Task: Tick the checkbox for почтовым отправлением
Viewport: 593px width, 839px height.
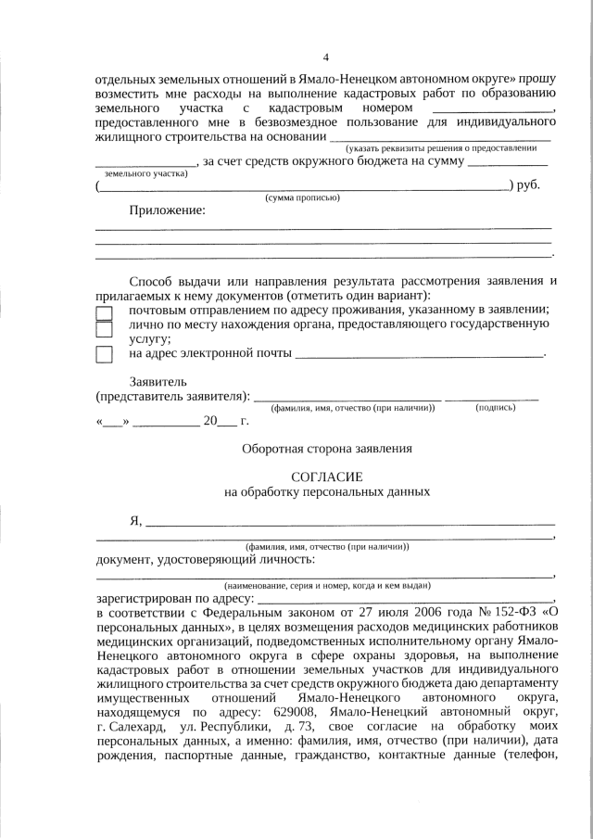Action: coord(105,312)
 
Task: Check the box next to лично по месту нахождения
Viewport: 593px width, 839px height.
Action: coord(105,328)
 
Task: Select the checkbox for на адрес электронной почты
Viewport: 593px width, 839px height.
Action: coord(105,353)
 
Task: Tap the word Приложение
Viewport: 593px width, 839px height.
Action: coord(167,210)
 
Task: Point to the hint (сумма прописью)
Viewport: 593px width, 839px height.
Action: coord(303,197)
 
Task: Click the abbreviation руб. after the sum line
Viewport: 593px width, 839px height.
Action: coord(528,185)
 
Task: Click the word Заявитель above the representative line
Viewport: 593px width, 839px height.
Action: coord(158,381)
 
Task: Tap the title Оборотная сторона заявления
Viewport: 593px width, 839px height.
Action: coord(326,449)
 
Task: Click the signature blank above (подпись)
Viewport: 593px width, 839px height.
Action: coord(492,397)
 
